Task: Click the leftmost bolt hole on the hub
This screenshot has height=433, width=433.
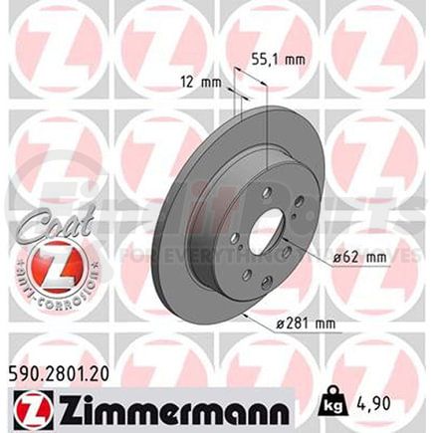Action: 231,239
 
